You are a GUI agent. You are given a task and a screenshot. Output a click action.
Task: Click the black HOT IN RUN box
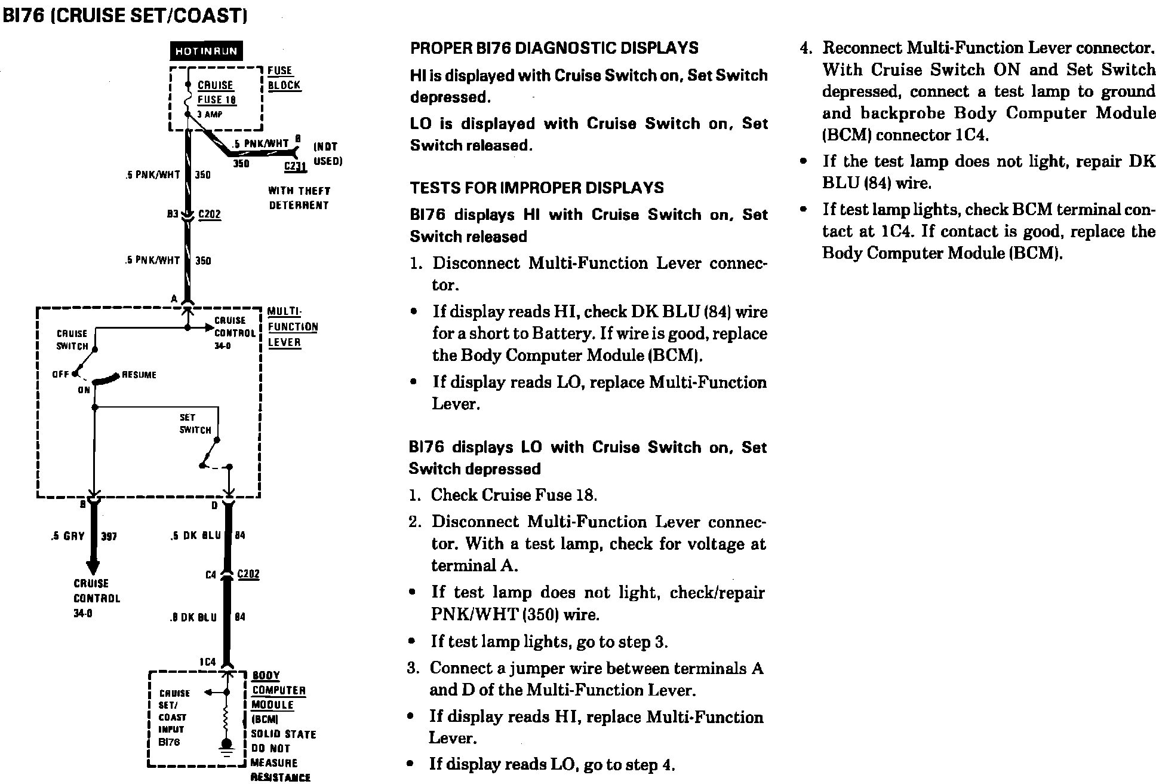207,51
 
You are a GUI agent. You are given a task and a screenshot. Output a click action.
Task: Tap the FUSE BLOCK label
284,78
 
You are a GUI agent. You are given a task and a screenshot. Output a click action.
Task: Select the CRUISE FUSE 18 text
216,93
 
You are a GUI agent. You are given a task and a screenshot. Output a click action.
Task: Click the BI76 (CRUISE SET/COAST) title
125,16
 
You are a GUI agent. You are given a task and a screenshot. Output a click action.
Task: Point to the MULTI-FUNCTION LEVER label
292,327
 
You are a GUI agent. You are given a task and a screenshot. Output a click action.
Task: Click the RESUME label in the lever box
139,375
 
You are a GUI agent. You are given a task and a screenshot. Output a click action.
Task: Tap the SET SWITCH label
195,424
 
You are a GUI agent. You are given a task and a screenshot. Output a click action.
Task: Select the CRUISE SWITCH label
72,339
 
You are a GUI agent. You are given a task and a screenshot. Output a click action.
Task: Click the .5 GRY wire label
68,536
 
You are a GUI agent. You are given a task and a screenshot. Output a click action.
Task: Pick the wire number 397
109,536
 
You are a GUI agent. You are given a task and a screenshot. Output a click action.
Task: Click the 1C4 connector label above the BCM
207,661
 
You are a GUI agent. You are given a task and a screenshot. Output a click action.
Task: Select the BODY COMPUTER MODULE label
278,690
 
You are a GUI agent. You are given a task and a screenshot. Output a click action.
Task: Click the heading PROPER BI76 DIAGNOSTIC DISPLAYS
554,48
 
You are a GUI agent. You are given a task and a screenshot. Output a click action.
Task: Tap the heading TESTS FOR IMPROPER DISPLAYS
536,188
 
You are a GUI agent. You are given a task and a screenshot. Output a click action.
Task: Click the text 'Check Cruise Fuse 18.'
514,495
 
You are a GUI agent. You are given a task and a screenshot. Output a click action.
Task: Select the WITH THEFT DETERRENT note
299,198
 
